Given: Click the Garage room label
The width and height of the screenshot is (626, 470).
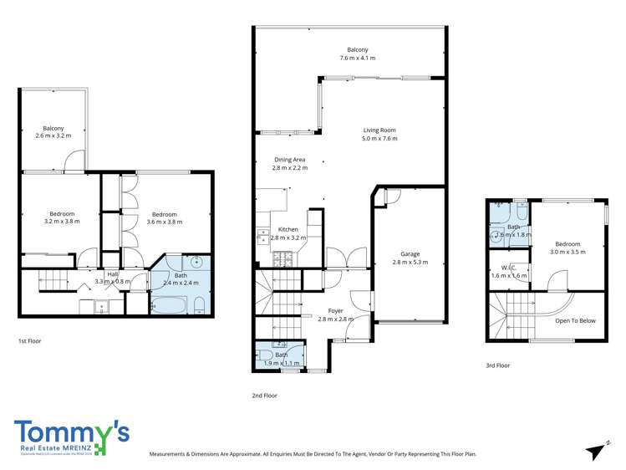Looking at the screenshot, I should point(410,253).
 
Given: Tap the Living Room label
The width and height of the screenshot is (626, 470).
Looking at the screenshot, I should point(379,130).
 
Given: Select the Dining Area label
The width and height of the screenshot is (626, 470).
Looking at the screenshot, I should point(289,160).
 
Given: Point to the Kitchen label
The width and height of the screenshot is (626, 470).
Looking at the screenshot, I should point(288,229).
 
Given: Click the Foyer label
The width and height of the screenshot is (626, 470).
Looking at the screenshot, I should point(335,311).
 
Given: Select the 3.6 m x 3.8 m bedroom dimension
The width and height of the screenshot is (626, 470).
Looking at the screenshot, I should point(164,222).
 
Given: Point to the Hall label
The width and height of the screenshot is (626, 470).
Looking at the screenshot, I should point(111,273).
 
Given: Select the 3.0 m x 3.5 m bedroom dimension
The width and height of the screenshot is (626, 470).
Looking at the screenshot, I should point(567,251).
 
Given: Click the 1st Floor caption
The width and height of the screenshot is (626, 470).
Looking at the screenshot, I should point(30,341).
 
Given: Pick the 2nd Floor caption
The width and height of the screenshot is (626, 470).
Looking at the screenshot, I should point(264,395).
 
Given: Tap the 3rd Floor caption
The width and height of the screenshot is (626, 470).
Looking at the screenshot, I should point(497,365).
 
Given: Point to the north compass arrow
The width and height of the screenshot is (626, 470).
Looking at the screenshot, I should point(595,452).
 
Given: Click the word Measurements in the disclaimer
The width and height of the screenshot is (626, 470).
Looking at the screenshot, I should point(171,454).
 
